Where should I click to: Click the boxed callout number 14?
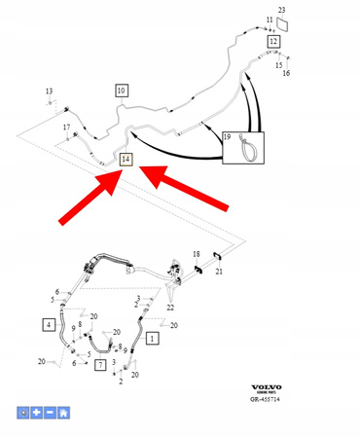(124, 157)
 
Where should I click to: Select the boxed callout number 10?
(122, 91)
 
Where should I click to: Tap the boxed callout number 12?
(273, 42)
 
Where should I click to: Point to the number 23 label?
(282, 10)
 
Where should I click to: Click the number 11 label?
(270, 19)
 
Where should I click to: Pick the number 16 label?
(286, 72)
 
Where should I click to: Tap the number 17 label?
(67, 128)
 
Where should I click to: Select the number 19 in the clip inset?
(228, 137)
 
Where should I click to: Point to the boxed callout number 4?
(48, 324)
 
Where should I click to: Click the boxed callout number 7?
(99, 364)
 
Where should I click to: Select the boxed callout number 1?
(151, 338)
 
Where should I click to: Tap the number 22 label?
(170, 308)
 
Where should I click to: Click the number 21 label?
(219, 272)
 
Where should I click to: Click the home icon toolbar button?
(63, 413)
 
